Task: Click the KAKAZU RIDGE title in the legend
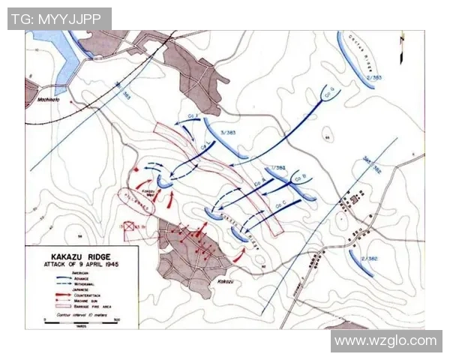pos(73,256)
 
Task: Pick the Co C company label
pos(282,203)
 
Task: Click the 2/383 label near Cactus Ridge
pos(374,77)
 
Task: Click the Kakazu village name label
pos(226,281)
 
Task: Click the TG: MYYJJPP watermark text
pos(59,19)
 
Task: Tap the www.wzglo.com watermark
pos(385,341)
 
